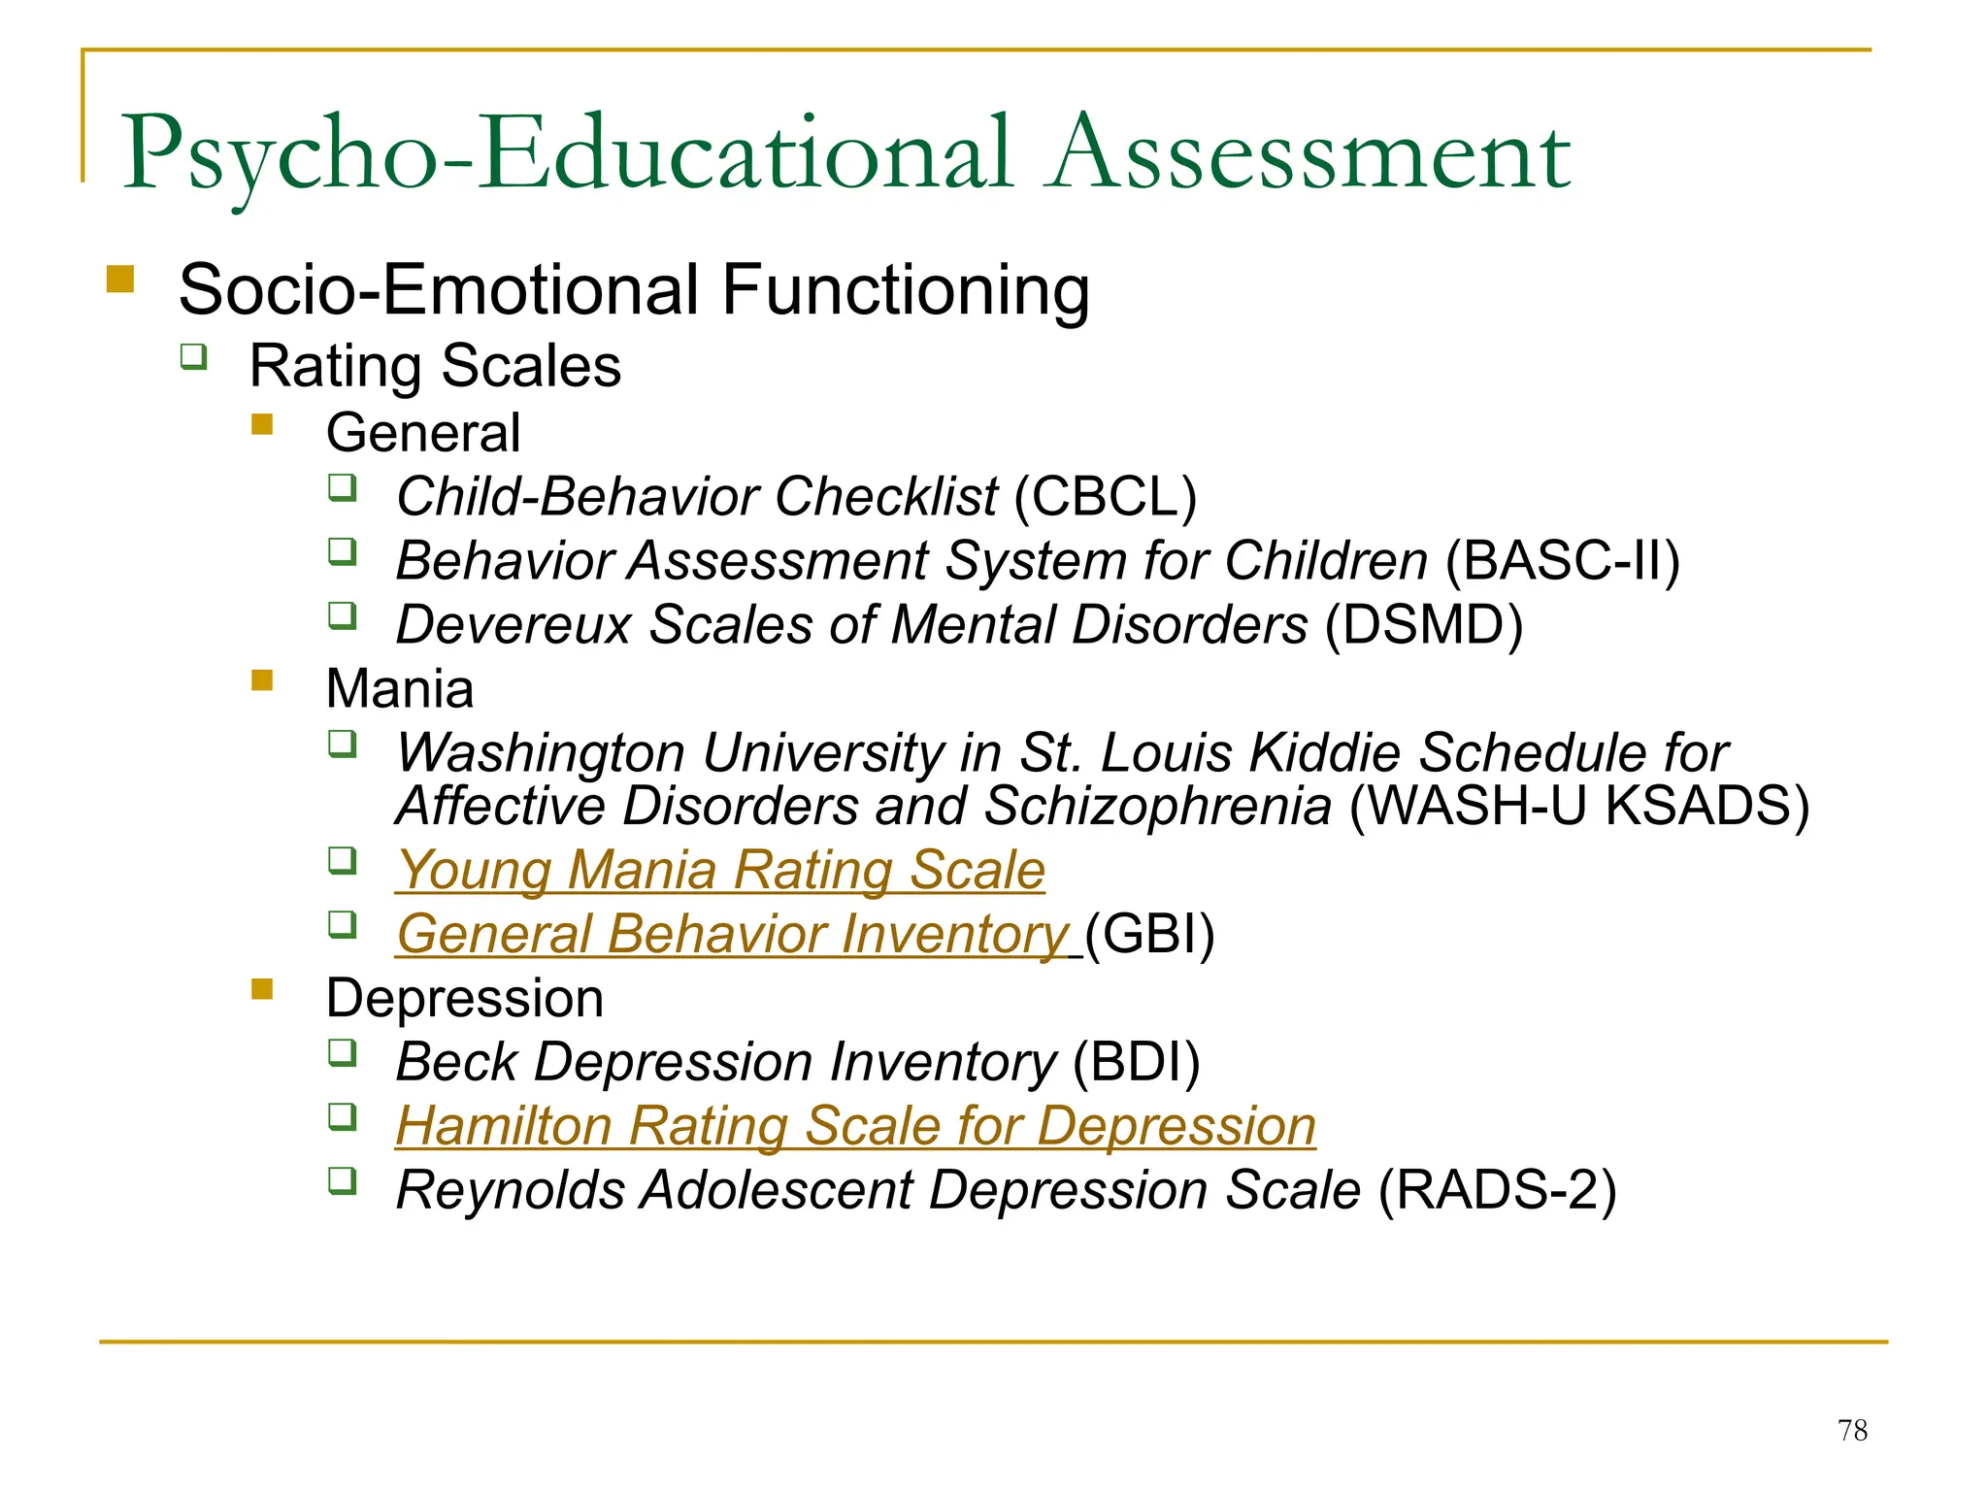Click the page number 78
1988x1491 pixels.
click(1852, 1430)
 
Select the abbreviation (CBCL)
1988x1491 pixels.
click(1106, 497)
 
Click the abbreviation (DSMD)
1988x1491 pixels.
click(1424, 625)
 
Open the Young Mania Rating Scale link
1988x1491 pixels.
click(721, 870)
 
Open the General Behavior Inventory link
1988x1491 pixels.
click(733, 934)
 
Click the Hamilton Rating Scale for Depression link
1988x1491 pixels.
click(855, 1126)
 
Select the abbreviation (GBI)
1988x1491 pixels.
click(1149, 934)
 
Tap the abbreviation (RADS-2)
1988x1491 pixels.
click(1497, 1190)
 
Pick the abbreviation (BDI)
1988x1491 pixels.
click(1137, 1062)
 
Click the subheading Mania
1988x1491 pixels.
click(400, 689)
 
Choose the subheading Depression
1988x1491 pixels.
click(465, 998)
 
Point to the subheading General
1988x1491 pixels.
click(423, 433)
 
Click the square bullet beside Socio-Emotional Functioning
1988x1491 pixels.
click(120, 280)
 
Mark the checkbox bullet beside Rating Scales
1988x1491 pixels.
click(194, 356)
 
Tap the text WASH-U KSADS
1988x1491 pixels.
click(1579, 806)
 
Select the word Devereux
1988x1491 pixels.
click(514, 625)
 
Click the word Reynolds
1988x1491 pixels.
click(511, 1190)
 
